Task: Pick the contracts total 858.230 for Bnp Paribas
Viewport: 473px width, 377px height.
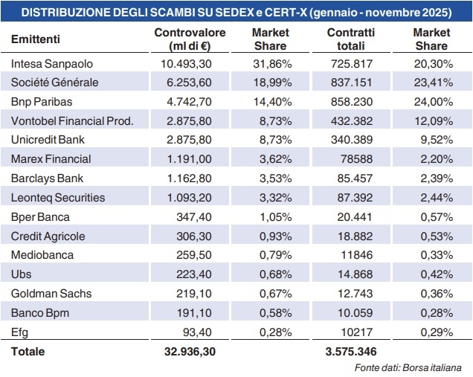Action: pos(352,101)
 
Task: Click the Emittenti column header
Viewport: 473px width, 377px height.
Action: pos(36,39)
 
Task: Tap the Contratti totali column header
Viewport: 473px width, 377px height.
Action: pos(351,39)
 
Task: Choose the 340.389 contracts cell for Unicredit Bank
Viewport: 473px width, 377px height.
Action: pos(352,140)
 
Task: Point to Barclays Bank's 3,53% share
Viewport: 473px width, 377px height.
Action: pos(271,178)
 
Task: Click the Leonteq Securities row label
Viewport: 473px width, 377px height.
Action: pos(59,197)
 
